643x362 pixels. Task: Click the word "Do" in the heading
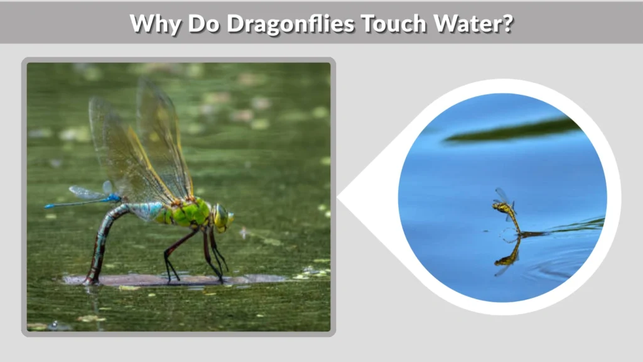[x=203, y=24]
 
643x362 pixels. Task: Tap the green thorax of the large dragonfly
[x=188, y=212]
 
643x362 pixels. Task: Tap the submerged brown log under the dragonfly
[x=188, y=279]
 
